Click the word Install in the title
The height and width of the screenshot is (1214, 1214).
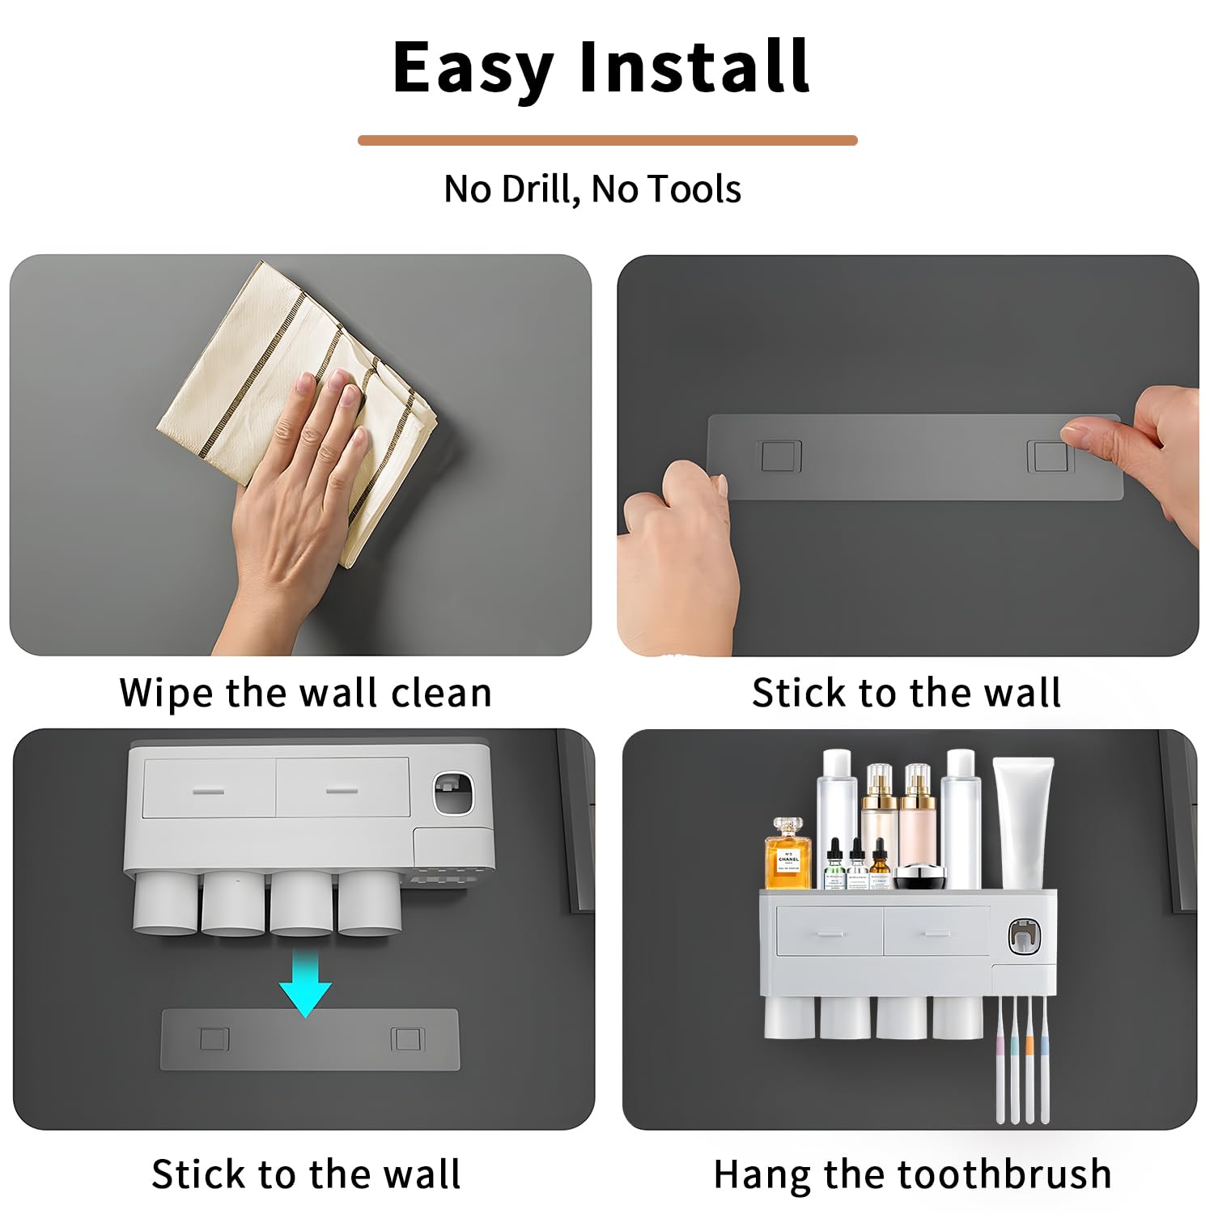pos(694,68)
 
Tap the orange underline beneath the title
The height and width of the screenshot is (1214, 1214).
pos(607,141)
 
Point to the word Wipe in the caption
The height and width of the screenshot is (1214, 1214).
pos(167,694)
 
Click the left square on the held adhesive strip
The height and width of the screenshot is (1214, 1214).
pos(780,456)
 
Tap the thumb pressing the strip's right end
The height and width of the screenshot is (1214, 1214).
pos(1089,431)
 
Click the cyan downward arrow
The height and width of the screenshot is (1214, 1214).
pos(305,983)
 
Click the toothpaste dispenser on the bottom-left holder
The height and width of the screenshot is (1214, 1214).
pos(452,792)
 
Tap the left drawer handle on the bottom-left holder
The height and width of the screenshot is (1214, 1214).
pos(208,790)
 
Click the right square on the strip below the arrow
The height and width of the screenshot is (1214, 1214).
pos(407,1038)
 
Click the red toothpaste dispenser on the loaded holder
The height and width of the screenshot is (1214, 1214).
pos(1024,936)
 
